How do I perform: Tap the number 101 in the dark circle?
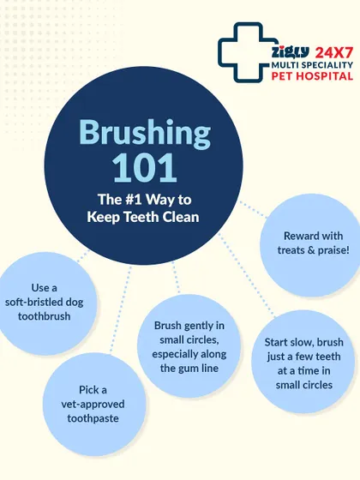pos(145,167)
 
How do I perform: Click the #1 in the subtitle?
pos(134,199)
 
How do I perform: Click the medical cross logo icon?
pos(242,52)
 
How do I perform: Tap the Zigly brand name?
pos(291,51)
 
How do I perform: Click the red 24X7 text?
pos(334,53)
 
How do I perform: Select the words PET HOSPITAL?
pos(312,75)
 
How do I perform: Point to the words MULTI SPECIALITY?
pos(312,65)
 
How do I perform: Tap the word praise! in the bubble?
pos(333,250)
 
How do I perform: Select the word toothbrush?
pos(44,316)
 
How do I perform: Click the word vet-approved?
pos(93,405)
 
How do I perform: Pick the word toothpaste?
pos(93,418)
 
